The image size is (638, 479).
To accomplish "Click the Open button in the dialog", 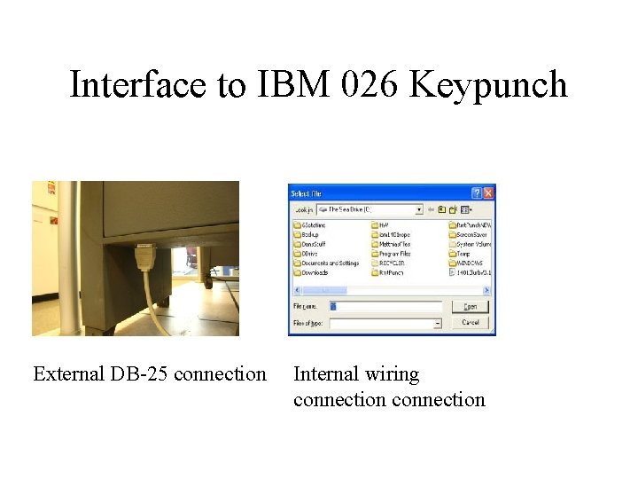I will click(x=471, y=306).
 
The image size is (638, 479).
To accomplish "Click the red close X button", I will click(x=488, y=192).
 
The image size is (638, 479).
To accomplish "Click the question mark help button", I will click(x=476, y=192).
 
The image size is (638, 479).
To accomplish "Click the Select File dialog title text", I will click(x=306, y=192).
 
